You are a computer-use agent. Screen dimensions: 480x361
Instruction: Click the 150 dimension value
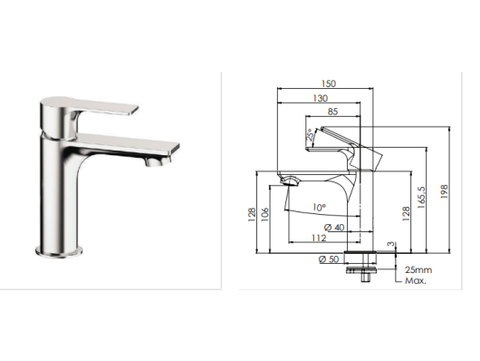tap(329, 83)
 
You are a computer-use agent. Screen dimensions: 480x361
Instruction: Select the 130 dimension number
tap(321, 98)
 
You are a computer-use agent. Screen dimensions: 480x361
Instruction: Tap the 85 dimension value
tap(332, 112)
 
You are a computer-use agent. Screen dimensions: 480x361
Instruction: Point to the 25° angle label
tap(311, 134)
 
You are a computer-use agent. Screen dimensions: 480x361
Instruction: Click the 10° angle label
tap(319, 208)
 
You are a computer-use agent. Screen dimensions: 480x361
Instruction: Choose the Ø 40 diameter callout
tap(334, 228)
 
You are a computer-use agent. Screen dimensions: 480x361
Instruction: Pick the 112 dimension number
tap(319, 238)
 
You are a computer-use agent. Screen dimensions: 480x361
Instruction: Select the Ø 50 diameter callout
tap(329, 259)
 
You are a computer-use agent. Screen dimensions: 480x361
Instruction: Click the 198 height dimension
tap(444, 191)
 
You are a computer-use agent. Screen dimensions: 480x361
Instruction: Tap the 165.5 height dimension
tap(421, 198)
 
